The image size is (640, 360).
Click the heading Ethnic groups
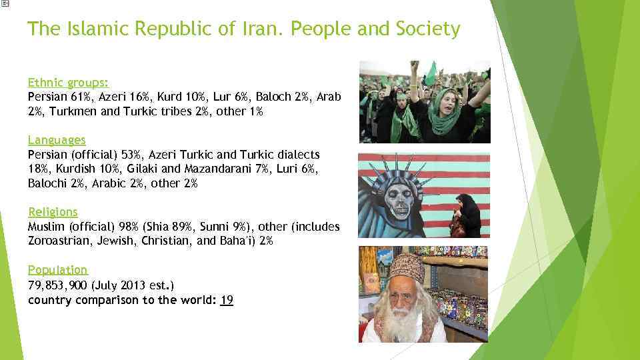click(x=69, y=83)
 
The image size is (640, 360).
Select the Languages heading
click(x=57, y=140)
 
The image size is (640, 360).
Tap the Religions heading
click(x=53, y=211)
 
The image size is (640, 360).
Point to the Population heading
click(x=57, y=269)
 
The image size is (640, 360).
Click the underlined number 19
click(x=227, y=300)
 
